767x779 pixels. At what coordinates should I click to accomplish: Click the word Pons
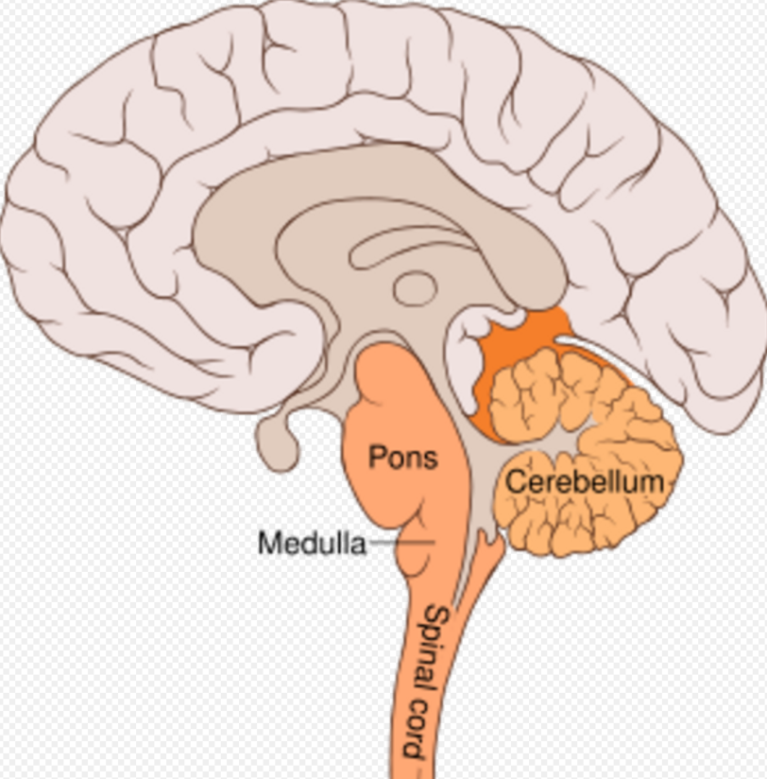pos(403,458)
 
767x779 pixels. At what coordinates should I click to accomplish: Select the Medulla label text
pos(312,544)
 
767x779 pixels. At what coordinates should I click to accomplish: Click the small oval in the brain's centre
pos(415,288)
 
